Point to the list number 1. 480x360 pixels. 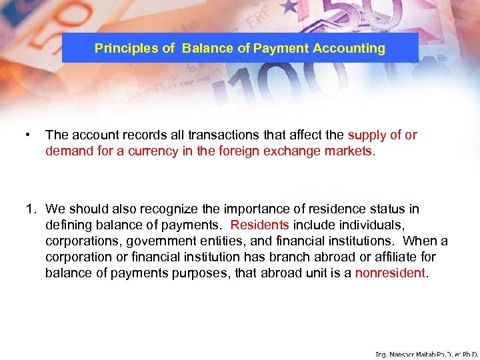[x=30, y=209]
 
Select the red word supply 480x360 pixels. [x=365, y=135]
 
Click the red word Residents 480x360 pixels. [x=259, y=225]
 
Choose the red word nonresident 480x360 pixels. [x=390, y=273]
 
